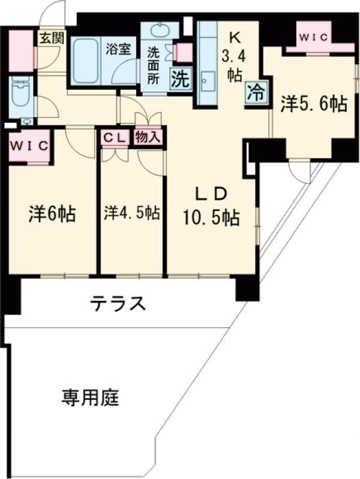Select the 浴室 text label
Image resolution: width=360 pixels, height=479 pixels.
click(x=119, y=50)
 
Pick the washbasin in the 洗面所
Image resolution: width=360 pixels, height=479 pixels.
click(x=158, y=30)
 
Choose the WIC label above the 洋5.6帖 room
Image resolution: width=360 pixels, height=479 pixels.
click(x=314, y=37)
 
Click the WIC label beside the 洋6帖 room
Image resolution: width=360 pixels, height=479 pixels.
click(x=28, y=146)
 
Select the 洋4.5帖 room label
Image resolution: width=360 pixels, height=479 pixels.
click(x=131, y=213)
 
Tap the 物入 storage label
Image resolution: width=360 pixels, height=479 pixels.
click(x=148, y=137)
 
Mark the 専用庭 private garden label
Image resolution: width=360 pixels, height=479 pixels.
click(x=89, y=396)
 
